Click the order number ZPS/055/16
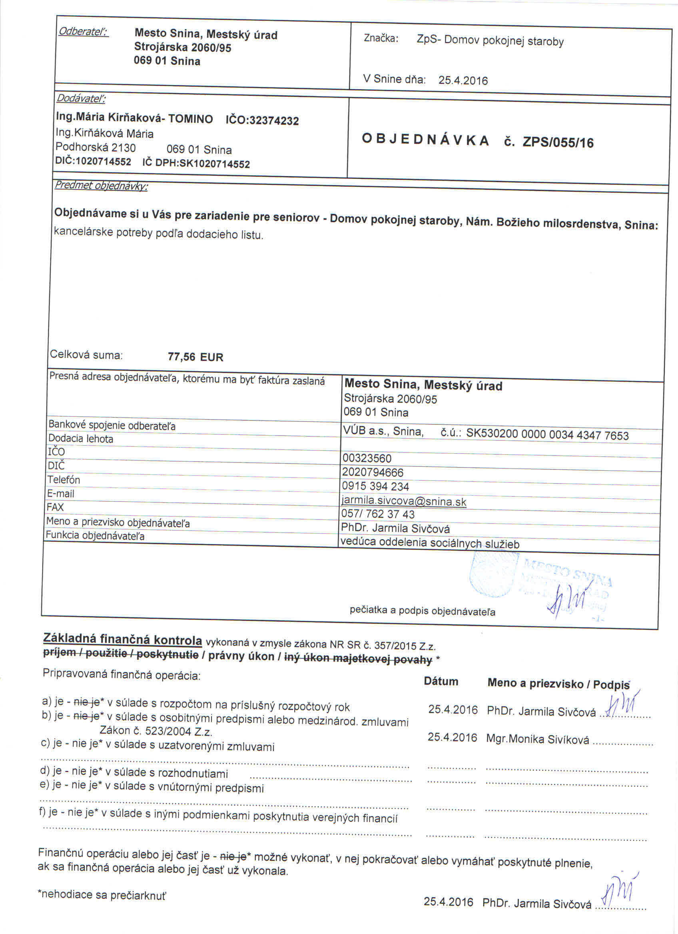click(x=558, y=142)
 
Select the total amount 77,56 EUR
click(x=195, y=357)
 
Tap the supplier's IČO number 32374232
click(x=274, y=121)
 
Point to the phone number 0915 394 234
click(x=375, y=487)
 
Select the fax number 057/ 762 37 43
click(x=377, y=514)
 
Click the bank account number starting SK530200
click(x=547, y=435)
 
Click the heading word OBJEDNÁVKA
click(x=425, y=140)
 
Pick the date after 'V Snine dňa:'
click(x=463, y=80)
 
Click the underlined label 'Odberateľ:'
click(x=84, y=32)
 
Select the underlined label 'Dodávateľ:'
click(x=81, y=98)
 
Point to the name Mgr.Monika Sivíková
click(x=538, y=740)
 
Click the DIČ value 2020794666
click(x=373, y=472)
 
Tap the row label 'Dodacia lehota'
click(x=81, y=439)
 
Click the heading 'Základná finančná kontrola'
click(x=122, y=640)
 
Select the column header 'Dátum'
click(x=441, y=681)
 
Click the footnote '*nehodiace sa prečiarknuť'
click(x=102, y=894)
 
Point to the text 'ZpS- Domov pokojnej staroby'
click(x=490, y=41)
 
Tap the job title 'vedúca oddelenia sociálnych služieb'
click(x=430, y=543)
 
